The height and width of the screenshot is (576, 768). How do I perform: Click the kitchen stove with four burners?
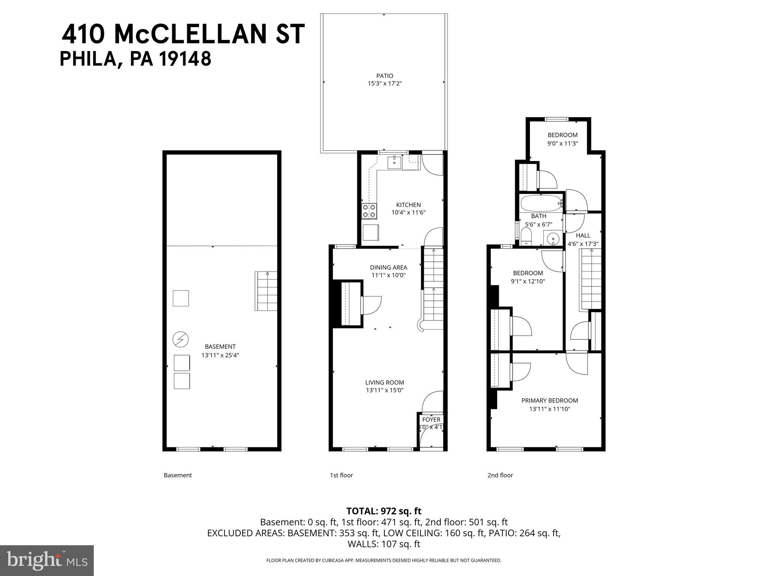point(369,211)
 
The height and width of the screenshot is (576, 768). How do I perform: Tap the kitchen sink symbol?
point(394,162)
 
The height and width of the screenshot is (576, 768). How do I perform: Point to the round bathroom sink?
point(553,238)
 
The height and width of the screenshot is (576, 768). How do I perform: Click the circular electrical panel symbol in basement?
point(180,339)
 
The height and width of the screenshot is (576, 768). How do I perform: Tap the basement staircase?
point(266,291)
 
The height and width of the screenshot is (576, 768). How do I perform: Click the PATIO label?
point(385,76)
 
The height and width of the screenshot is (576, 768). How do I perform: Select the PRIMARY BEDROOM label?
point(549,400)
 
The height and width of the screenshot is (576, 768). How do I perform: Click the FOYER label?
point(431,420)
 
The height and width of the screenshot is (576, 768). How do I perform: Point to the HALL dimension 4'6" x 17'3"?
point(583,244)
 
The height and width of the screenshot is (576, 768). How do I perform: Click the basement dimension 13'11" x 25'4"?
point(220,355)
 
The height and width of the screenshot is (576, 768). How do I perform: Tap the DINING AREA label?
point(388,267)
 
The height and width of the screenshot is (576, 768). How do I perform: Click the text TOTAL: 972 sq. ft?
point(384,511)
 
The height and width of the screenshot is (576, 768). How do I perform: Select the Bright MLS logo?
point(47,561)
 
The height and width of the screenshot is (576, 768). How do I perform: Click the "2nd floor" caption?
point(500,475)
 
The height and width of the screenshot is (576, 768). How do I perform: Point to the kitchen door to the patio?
point(432,165)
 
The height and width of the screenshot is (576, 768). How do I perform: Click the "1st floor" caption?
point(341,475)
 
